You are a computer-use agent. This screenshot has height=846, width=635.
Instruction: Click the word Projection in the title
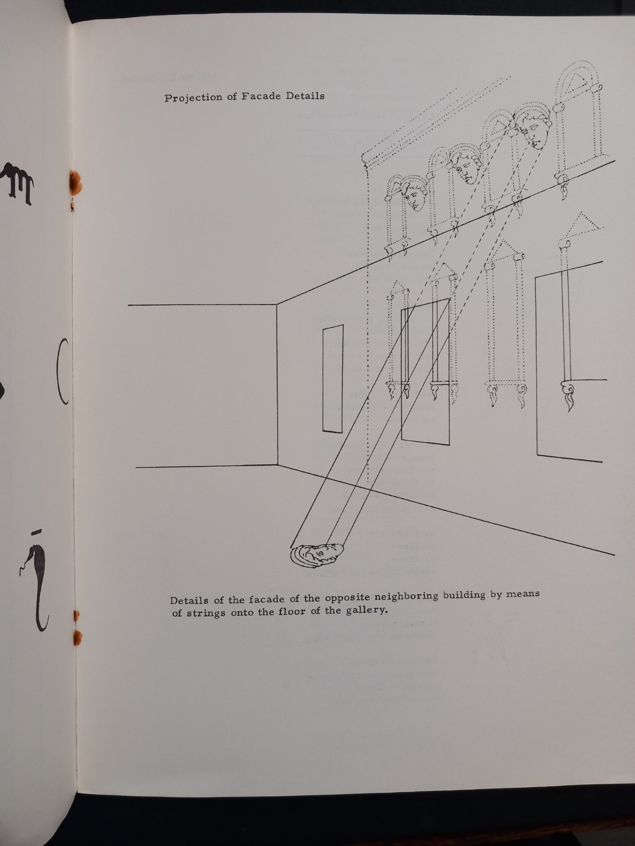pyautogui.click(x=193, y=97)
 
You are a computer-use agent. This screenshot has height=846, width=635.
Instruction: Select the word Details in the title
pyautogui.click(x=305, y=96)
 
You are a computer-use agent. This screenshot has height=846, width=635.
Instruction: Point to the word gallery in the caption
pyautogui.click(x=366, y=610)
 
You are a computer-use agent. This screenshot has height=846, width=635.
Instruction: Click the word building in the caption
pyautogui.click(x=464, y=595)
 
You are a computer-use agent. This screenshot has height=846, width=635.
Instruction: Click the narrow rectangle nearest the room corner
pyautogui.click(x=333, y=379)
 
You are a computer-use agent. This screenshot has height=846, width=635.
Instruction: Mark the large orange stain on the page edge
pyautogui.click(x=75, y=182)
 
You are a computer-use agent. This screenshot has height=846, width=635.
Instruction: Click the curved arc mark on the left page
pyautogui.click(x=62, y=371)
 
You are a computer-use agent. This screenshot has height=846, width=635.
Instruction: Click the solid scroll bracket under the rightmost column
pyautogui.click(x=568, y=394)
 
